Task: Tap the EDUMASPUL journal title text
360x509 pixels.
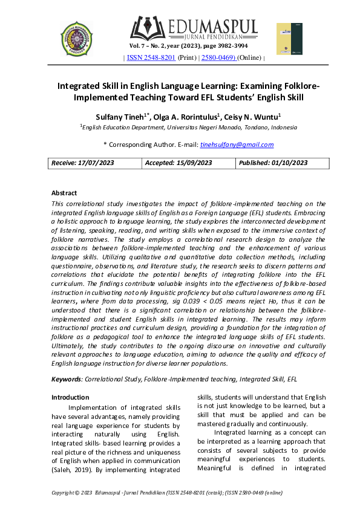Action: (206, 27)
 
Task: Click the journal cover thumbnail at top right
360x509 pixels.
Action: (289, 39)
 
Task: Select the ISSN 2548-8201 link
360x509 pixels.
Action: (151, 58)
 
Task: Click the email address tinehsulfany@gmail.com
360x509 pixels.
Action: (237, 144)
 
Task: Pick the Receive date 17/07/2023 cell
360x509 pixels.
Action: (96, 163)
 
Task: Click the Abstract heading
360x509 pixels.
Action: (64, 193)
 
